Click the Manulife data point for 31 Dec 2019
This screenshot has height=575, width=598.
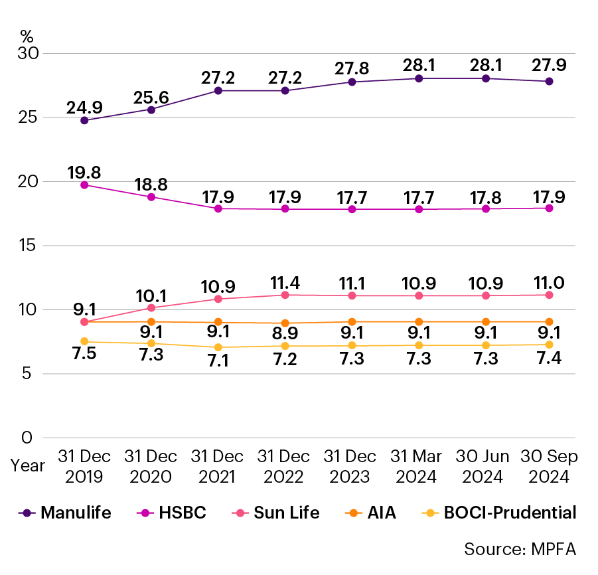84,120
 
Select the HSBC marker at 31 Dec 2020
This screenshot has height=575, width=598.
151,197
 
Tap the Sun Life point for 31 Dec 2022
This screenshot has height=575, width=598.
285,295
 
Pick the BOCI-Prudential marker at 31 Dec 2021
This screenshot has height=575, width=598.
218,347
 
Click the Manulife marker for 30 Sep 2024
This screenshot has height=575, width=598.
550,81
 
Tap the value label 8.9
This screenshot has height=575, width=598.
285,334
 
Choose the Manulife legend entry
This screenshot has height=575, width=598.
66,513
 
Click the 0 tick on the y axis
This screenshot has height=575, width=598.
27,438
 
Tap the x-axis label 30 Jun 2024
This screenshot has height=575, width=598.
484,467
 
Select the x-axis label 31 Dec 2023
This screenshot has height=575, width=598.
350,467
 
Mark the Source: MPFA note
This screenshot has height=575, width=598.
520,550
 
